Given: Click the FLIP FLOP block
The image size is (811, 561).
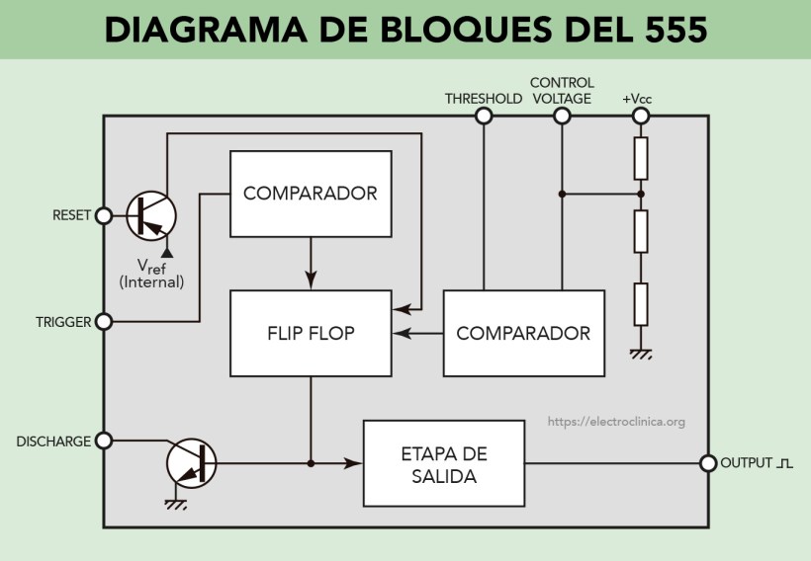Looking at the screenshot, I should [311, 333].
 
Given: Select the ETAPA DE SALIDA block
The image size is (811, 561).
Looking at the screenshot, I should [443, 463].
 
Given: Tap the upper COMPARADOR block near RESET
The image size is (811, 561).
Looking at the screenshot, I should [311, 194].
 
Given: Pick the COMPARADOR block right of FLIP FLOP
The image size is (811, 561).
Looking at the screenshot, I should [523, 333].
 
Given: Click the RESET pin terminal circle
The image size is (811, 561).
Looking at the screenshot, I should [103, 215].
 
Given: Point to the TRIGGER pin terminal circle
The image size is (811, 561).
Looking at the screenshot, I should [103, 322].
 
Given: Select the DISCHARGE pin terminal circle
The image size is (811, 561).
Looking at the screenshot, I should [103, 441].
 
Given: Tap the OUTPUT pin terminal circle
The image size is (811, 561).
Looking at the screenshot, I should [707, 463].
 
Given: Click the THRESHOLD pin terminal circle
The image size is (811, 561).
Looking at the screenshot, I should [484, 116].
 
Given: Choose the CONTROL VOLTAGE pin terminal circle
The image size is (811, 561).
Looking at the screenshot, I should [562, 116].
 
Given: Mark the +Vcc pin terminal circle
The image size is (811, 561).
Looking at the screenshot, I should [641, 116].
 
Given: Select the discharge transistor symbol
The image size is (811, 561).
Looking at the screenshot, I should [191, 463].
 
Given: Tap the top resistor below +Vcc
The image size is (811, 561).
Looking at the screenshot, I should [641, 157].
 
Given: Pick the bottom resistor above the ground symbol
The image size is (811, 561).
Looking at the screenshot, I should [641, 303].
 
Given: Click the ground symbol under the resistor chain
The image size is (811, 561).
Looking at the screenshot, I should [641, 354].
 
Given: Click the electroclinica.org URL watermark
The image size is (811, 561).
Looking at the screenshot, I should [616, 422].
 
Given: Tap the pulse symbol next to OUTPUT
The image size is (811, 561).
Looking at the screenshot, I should [785, 463].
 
